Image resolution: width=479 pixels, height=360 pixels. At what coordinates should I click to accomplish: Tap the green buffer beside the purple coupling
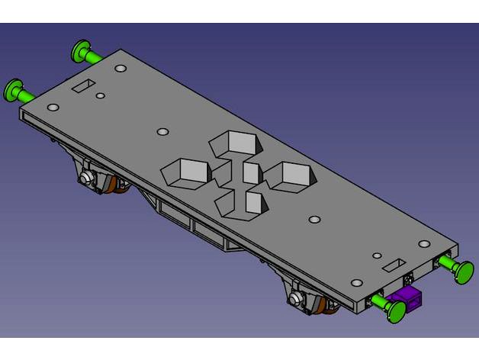point(394,308)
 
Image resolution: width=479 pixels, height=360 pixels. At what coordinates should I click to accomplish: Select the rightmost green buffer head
point(462,270)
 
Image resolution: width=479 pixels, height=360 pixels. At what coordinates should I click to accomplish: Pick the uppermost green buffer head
point(80,51)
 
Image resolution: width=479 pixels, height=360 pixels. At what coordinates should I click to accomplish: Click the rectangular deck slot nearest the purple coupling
point(395,264)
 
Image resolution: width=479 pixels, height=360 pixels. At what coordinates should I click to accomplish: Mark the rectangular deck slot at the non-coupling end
point(84,85)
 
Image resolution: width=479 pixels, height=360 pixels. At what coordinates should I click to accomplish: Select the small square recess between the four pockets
point(252,173)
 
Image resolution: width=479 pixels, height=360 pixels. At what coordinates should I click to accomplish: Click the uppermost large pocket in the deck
point(233,143)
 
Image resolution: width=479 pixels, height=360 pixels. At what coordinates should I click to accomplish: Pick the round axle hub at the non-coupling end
point(86,178)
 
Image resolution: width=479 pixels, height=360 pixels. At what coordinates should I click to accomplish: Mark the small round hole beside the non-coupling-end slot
point(100,97)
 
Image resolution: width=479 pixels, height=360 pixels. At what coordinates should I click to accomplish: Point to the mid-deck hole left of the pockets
point(161,131)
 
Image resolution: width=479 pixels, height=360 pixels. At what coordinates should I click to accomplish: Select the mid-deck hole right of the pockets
point(313,220)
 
